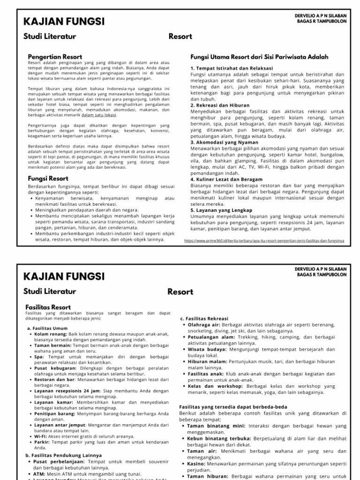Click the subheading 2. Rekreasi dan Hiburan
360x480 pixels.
(x=220, y=105)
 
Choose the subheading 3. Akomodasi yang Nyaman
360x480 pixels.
(x=224, y=142)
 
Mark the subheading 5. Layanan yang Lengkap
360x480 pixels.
(x=221, y=210)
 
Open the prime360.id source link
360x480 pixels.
(x=265, y=240)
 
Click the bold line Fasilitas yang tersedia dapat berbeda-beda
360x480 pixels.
(x=233, y=407)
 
